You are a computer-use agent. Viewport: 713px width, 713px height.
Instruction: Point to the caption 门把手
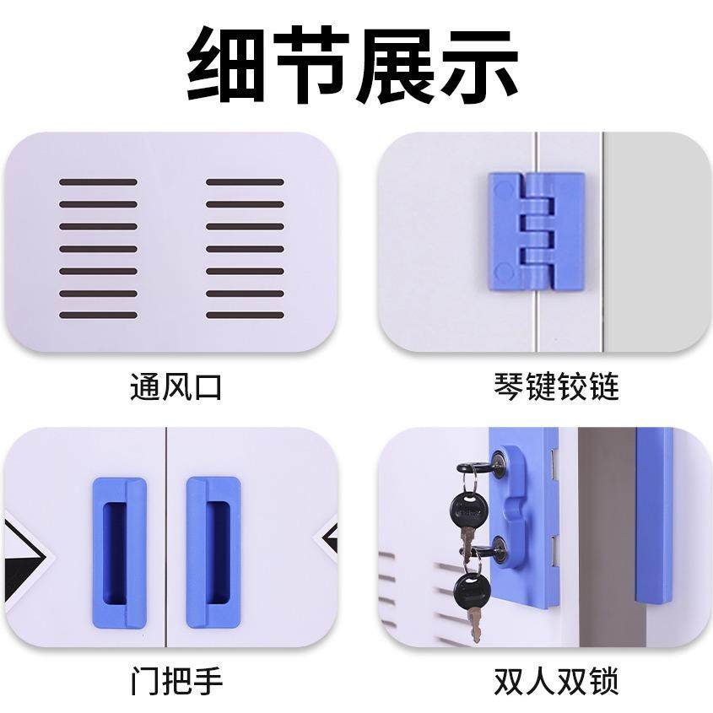click(x=176, y=681)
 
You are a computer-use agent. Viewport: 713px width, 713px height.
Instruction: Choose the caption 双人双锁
click(x=556, y=681)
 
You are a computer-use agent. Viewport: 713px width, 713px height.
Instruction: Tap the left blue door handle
click(x=119, y=552)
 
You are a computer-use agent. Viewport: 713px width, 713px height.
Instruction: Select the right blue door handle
click(x=213, y=552)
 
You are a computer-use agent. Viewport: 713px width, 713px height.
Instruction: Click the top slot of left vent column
click(x=98, y=181)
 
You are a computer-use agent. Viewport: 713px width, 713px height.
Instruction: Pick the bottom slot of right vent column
click(x=245, y=316)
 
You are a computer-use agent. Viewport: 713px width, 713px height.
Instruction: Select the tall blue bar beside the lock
click(x=654, y=515)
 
